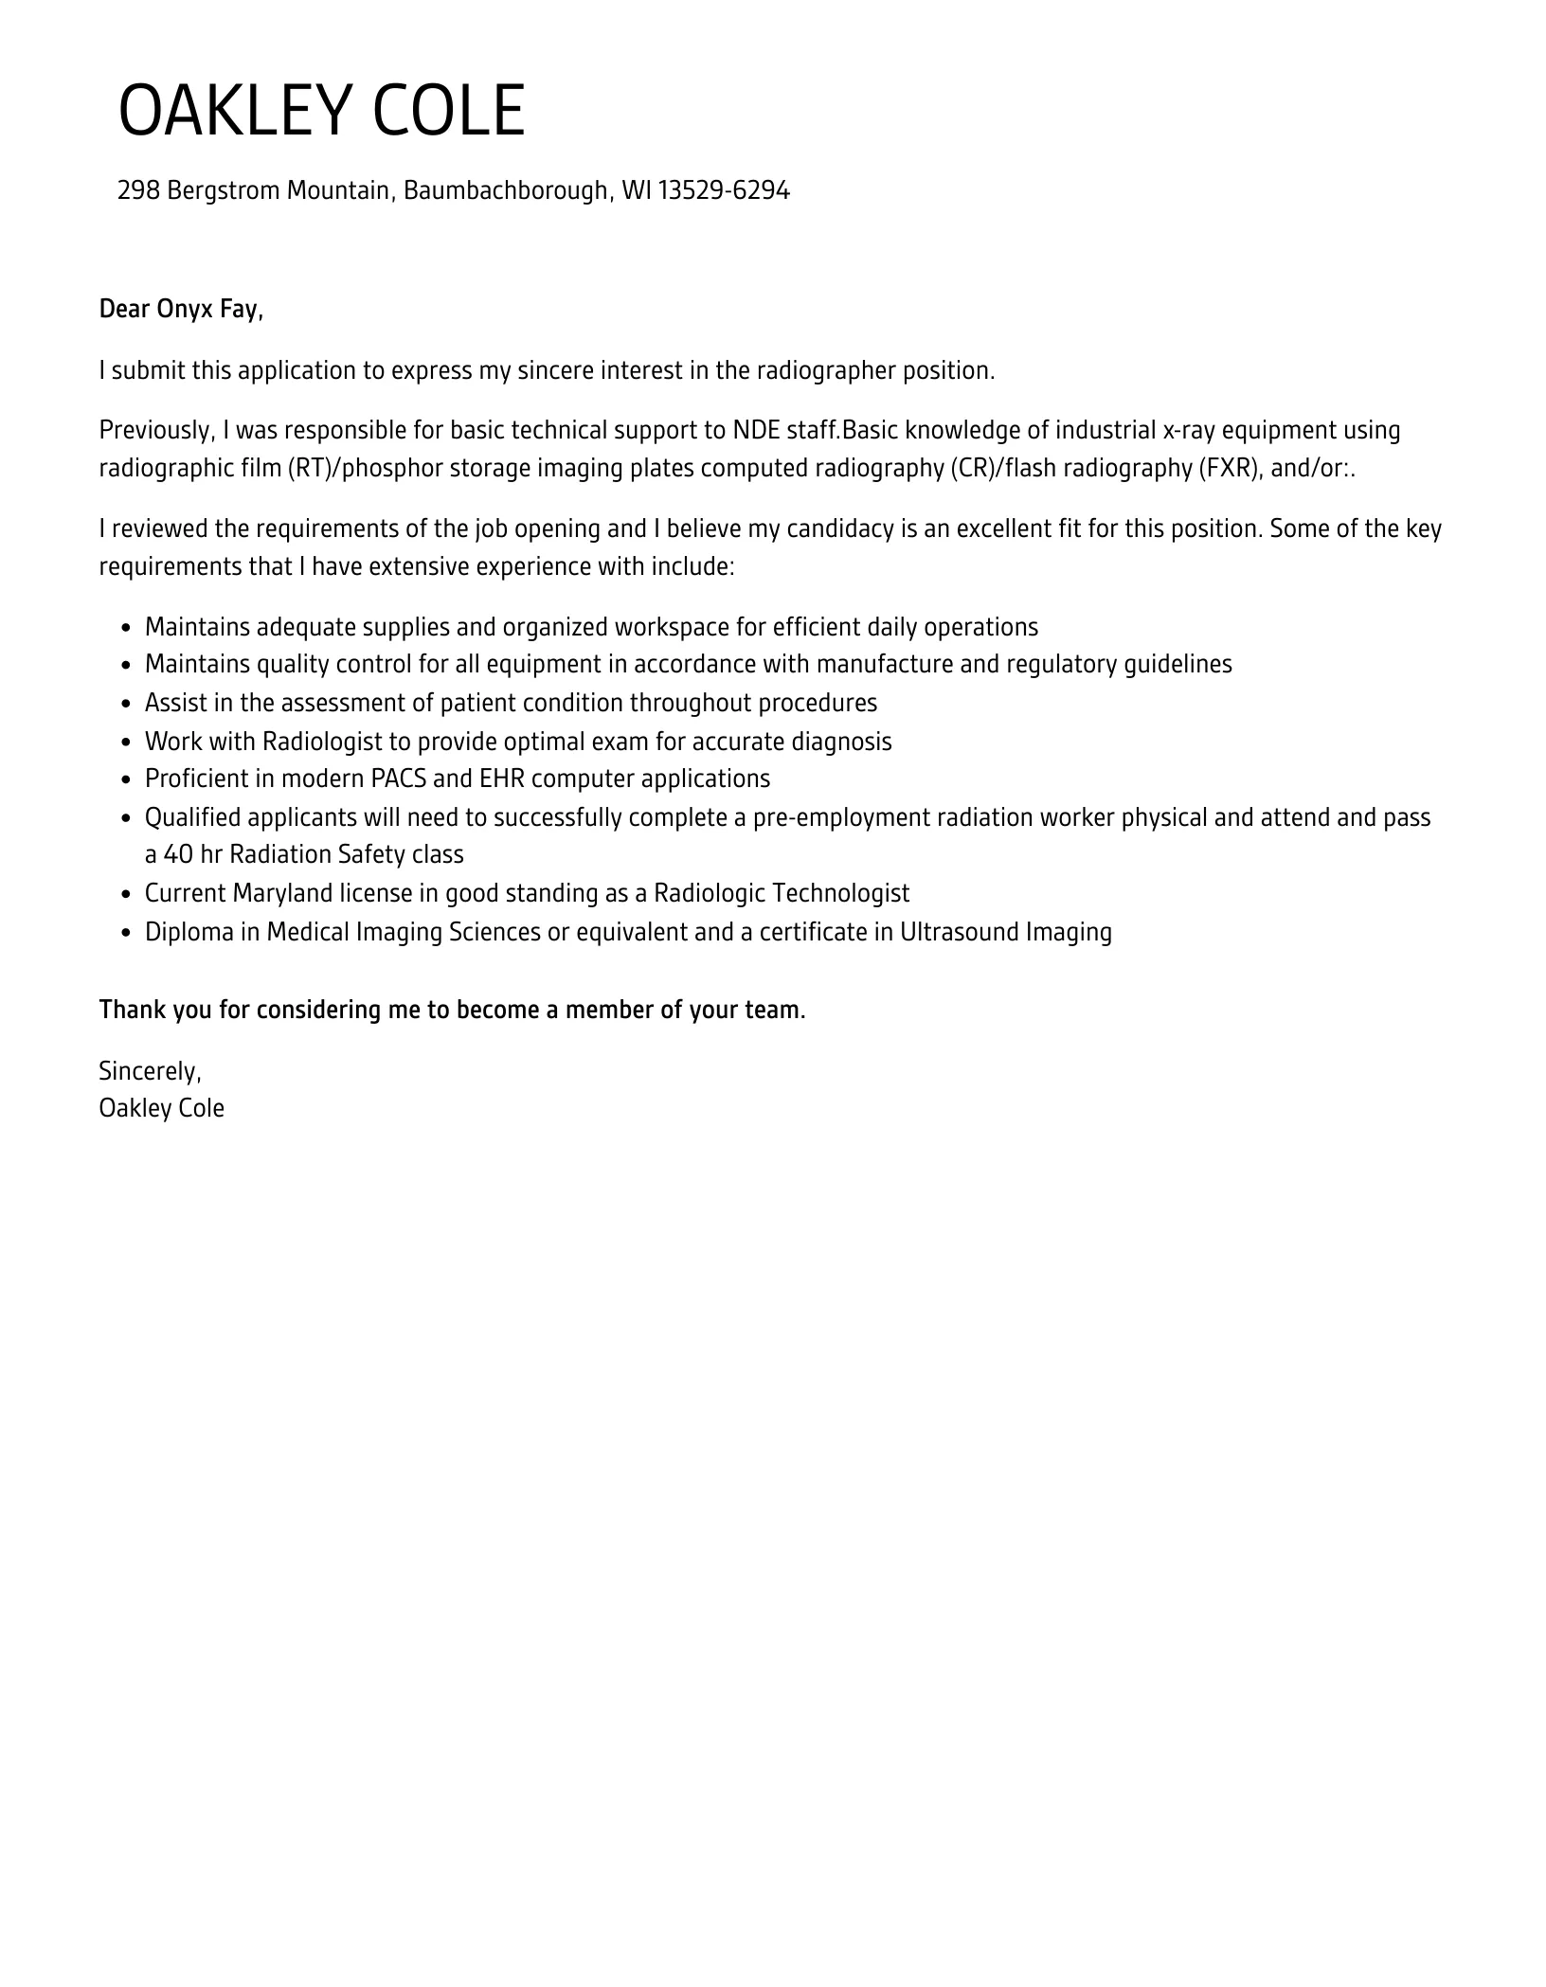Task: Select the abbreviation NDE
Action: [756, 431]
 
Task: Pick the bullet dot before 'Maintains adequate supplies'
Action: [126, 629]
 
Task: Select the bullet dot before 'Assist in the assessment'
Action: [126, 705]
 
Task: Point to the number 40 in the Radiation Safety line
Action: [178, 855]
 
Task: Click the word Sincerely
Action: [150, 1071]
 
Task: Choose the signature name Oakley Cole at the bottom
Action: [162, 1109]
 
